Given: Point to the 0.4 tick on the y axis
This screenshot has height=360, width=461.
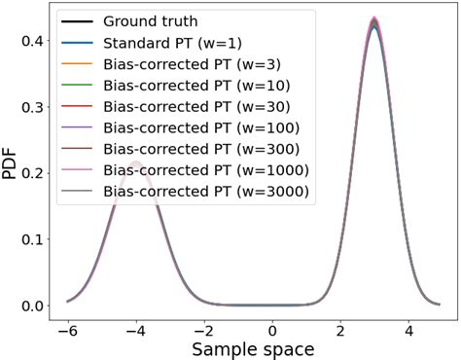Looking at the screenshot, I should (33, 41).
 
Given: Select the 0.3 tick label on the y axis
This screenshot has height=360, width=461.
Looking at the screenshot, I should (33, 107).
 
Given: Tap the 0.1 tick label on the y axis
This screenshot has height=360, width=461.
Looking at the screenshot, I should (33, 239).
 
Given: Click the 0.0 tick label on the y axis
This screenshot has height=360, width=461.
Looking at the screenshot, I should (33, 306).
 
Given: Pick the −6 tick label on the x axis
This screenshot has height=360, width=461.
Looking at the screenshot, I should (65, 327).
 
